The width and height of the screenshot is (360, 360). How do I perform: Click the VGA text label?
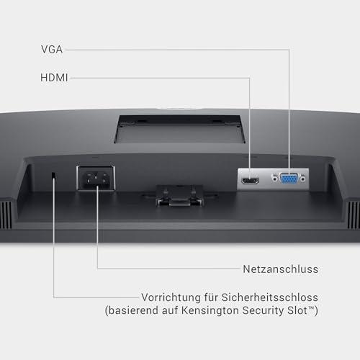click(52, 50)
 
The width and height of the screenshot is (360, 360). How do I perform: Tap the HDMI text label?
click(54, 78)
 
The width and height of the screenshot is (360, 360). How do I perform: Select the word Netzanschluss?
click(281, 269)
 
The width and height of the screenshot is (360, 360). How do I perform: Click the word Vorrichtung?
click(171, 297)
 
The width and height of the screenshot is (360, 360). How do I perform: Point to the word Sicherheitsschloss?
click(270, 297)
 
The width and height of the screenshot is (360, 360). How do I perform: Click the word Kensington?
click(210, 310)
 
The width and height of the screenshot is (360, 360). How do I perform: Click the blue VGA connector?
click(289, 179)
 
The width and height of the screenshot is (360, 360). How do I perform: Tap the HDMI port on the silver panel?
click(250, 181)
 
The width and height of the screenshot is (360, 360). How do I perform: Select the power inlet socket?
click(96, 179)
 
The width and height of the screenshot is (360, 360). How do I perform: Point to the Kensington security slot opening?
click(54, 176)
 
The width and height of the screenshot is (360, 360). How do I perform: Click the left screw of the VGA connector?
click(275, 179)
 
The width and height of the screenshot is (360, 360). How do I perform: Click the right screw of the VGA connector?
click(303, 179)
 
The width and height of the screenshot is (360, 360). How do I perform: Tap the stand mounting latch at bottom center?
click(180, 196)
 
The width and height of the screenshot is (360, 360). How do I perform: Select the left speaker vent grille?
click(6, 215)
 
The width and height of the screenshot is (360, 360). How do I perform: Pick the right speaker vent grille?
click(354, 215)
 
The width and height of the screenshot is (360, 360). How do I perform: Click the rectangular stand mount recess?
click(180, 129)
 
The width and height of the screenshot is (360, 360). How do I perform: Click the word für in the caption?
click(211, 297)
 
